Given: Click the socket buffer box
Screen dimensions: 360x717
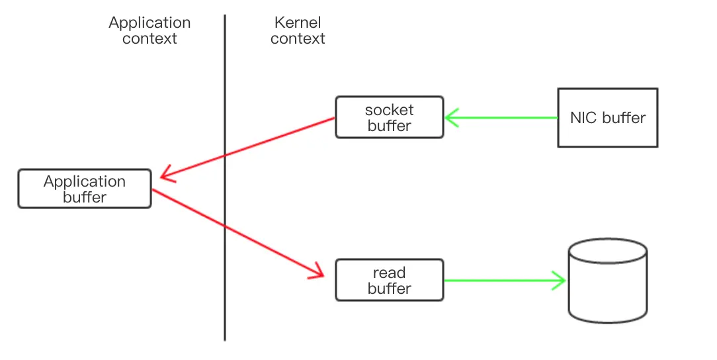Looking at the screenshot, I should point(389,118).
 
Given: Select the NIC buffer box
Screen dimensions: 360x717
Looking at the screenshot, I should point(607,118).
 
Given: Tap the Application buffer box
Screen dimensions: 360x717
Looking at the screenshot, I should point(85,189).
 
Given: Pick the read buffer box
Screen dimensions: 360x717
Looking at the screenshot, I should point(389,281).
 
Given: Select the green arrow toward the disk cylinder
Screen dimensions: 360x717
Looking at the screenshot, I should point(503,281).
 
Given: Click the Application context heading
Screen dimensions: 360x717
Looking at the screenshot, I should point(149,30).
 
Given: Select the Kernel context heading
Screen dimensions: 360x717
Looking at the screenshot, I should point(298,30).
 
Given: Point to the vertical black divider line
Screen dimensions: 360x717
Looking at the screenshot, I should point(225,298).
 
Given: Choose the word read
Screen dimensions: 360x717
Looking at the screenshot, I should point(389,273).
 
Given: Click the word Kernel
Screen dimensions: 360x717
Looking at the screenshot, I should point(298,22).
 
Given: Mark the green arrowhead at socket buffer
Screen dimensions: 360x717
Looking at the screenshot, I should point(452,118).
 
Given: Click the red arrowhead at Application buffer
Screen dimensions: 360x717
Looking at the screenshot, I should point(166,176).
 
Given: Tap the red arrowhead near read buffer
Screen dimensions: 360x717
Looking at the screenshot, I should point(317,271).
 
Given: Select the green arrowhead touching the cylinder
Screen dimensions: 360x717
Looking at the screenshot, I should point(560,281).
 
